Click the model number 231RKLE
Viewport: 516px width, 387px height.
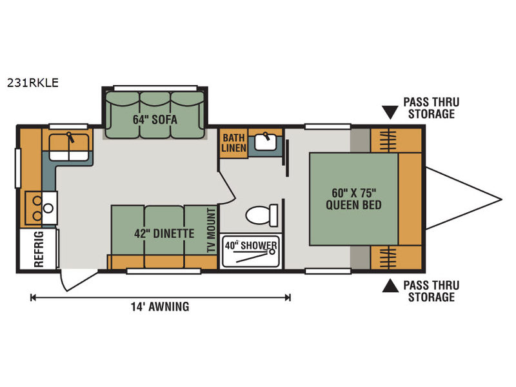33,83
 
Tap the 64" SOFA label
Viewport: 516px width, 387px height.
155,119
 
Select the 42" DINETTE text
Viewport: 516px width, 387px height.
164,233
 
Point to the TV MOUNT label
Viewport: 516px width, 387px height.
212,230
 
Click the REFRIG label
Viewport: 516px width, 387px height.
39,249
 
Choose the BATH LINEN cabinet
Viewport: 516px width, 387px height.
233,143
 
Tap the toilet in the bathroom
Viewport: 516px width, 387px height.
262,215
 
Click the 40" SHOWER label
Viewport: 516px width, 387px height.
251,246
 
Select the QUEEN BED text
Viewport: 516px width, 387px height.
353,204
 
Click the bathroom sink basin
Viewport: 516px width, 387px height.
266,142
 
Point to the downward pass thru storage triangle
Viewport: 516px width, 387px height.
390,112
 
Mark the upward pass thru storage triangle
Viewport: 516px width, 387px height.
390,285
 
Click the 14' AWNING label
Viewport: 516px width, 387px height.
160,307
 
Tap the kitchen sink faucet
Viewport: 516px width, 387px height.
70,137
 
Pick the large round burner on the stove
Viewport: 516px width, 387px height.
48,208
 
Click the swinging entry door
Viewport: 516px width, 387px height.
79,281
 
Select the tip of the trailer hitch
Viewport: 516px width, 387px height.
502,199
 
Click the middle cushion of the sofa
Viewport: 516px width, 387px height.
155,115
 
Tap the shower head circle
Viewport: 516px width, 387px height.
272,252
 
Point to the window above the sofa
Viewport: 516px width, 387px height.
155,88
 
